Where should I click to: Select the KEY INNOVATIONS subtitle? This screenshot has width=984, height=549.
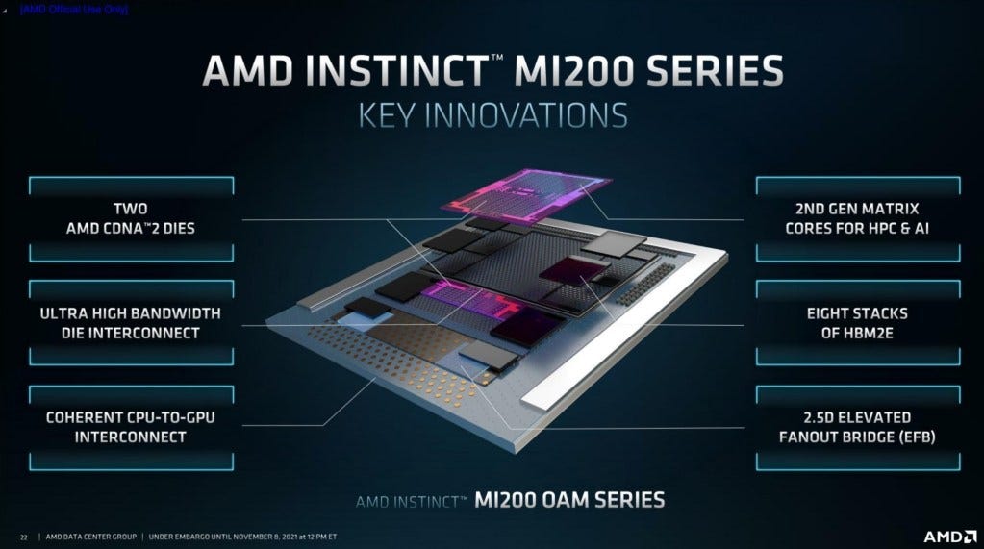[x=492, y=115]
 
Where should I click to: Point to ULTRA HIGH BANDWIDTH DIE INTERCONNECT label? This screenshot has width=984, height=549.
[x=130, y=323]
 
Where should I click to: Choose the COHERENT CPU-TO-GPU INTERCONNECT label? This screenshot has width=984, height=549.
[x=130, y=427]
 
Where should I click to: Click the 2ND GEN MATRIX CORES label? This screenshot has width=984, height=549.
[x=857, y=218]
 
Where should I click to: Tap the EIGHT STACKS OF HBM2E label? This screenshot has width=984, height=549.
[x=857, y=323]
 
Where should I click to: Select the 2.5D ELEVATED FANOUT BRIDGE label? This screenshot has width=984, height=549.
[x=857, y=427]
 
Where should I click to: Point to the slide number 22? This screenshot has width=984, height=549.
[x=24, y=536]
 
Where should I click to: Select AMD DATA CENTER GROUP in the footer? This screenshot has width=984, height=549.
[x=92, y=536]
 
